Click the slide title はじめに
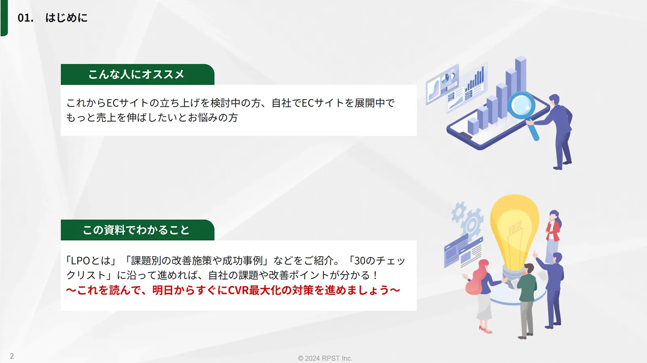click(x=66, y=18)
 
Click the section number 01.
click(x=25, y=18)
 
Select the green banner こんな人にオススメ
click(x=137, y=74)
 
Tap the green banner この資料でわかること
click(x=137, y=230)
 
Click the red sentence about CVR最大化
click(x=233, y=290)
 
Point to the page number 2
click(x=12, y=356)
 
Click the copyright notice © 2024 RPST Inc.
click(x=325, y=359)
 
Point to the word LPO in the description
click(x=80, y=261)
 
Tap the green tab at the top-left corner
click(x=4, y=18)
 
